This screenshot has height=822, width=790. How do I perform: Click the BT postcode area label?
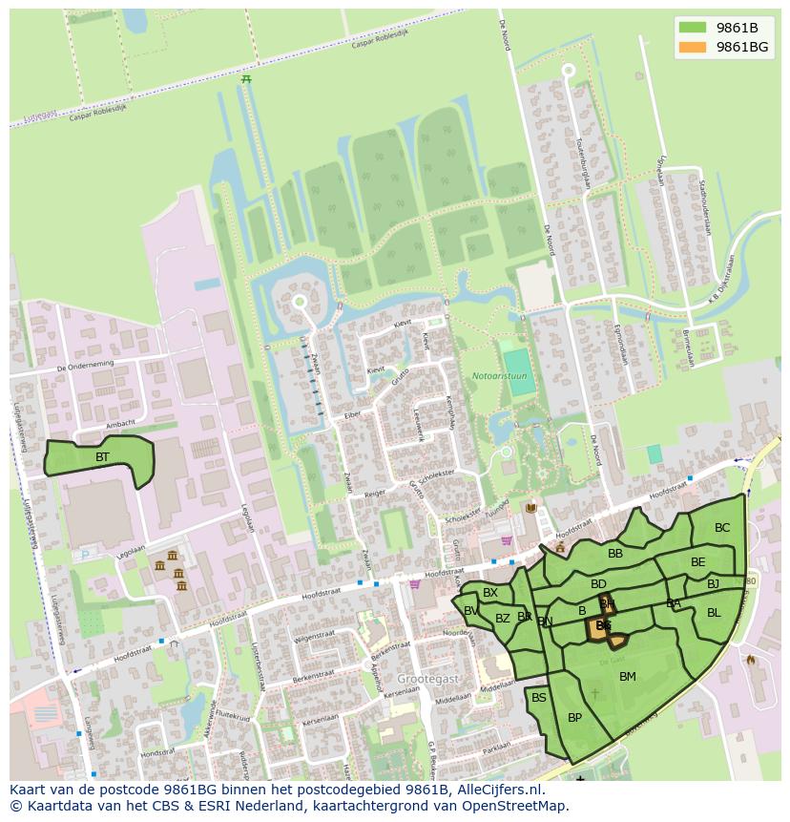pyautogui.click(x=102, y=457)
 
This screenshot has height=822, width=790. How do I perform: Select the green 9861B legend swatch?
pyautogui.click(x=693, y=27)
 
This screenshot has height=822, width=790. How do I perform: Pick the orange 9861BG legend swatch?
pyautogui.click(x=693, y=47)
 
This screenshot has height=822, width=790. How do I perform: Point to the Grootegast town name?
pyautogui.click(x=428, y=678)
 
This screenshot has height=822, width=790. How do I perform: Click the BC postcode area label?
pyautogui.click(x=722, y=528)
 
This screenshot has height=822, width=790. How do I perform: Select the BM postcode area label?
pyautogui.click(x=627, y=677)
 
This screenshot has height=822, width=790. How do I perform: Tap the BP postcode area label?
pyautogui.click(x=574, y=718)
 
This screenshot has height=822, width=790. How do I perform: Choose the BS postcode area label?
pyautogui.click(x=539, y=698)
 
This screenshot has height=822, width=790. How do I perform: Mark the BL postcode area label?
pyautogui.click(x=714, y=613)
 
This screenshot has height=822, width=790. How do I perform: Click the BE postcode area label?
pyautogui.click(x=698, y=562)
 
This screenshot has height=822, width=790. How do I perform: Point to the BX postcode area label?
pyautogui.click(x=490, y=593)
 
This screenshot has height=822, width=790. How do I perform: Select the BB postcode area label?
pyautogui.click(x=615, y=553)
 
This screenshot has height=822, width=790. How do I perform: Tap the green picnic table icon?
pyautogui.click(x=246, y=79)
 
